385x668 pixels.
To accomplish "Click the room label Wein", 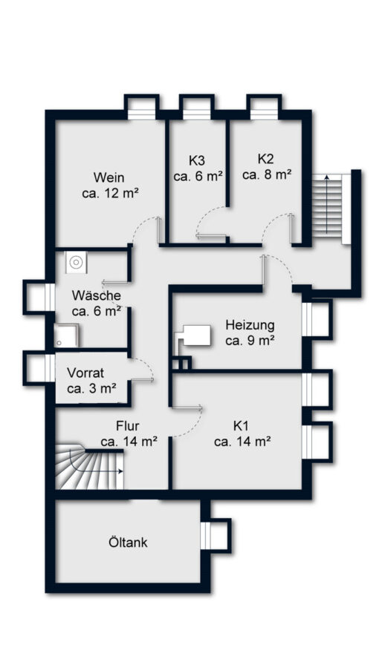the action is click(x=109, y=177).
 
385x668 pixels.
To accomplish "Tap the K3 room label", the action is click(x=196, y=160).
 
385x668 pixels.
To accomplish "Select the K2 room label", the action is click(x=265, y=159).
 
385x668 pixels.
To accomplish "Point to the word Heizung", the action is click(x=250, y=326).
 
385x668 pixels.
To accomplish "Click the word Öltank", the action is click(x=128, y=543).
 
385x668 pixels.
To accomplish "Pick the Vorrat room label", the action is click(x=85, y=373).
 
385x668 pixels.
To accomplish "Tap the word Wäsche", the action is click(x=97, y=295).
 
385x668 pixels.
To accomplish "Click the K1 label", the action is click(x=241, y=426).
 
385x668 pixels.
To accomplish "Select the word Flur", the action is click(x=128, y=426).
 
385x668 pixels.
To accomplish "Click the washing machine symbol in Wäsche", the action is click(x=76, y=261).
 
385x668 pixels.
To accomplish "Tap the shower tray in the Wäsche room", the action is click(x=66, y=335).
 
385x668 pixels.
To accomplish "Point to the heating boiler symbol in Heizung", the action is click(x=194, y=335).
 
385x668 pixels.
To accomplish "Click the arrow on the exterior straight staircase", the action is click(x=327, y=204).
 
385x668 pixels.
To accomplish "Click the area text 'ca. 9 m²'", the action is click(x=250, y=341).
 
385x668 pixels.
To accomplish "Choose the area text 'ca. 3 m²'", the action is click(x=91, y=388).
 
